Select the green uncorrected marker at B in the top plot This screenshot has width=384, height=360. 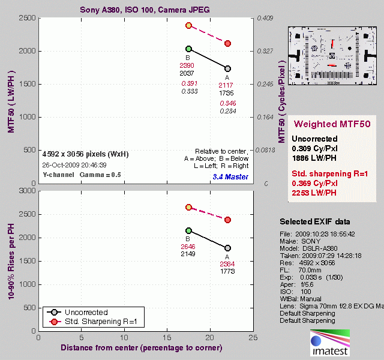coord(188,49)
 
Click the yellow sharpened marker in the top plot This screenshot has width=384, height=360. coord(188,26)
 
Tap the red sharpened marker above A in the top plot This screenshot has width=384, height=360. coord(228,43)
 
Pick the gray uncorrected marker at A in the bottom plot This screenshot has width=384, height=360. coord(228,248)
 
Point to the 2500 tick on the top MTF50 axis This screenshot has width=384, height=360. coord(26,19)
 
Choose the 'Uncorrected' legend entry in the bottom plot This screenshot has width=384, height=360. coord(88,313)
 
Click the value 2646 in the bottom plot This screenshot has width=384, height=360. coord(188,246)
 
